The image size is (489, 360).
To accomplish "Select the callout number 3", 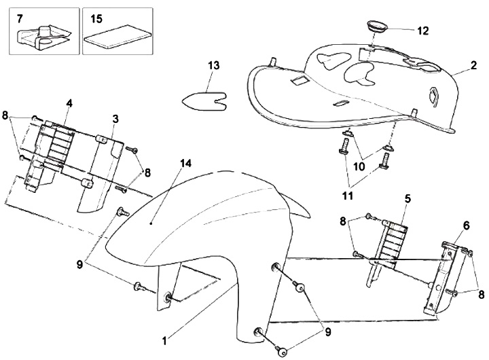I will tap(115, 118).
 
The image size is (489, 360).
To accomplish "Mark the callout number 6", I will tap(467, 226).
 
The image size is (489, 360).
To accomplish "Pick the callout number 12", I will tap(422, 31).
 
